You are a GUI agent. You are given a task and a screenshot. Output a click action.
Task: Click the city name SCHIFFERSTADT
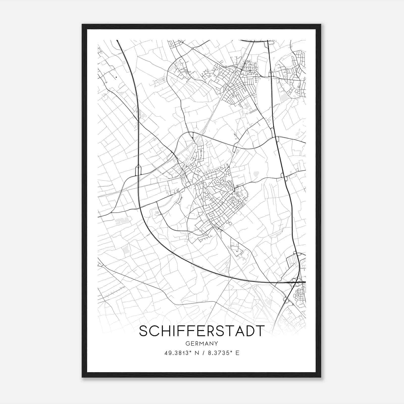(202, 331)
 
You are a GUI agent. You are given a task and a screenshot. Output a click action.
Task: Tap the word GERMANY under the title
(202, 343)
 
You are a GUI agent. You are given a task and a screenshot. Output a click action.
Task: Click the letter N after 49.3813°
(195, 353)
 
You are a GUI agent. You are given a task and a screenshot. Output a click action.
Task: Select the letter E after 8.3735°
(237, 353)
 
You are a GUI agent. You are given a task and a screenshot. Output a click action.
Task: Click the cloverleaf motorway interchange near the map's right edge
(296, 282)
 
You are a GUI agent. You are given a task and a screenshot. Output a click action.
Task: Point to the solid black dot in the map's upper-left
(116, 77)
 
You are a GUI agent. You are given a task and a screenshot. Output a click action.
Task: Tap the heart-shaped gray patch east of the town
(256, 174)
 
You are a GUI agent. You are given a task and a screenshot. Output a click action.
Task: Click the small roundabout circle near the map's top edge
(192, 48)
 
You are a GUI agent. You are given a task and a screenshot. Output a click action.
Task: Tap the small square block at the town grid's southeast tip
(230, 223)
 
